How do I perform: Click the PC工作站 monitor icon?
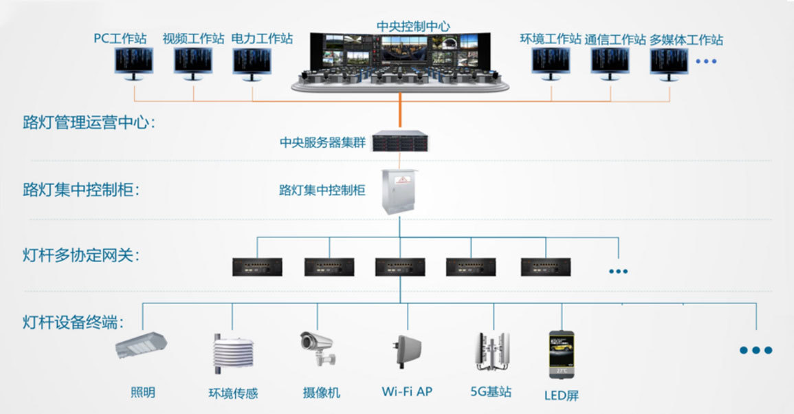click(x=133, y=63)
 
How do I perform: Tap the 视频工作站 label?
click(x=193, y=39)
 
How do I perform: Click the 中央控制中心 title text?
click(x=413, y=25)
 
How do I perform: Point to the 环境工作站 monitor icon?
click(x=551, y=63)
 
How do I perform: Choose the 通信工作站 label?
click(x=615, y=40)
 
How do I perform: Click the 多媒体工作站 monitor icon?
click(x=669, y=63)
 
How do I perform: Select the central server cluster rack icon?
click(x=399, y=142)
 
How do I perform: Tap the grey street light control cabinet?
click(x=399, y=190)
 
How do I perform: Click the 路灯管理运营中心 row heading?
click(x=89, y=124)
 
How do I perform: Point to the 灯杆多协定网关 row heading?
click(x=81, y=256)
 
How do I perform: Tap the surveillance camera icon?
click(x=318, y=348)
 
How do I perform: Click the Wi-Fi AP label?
click(x=407, y=392)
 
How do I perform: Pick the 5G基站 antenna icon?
click(x=492, y=351)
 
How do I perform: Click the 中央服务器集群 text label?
click(x=322, y=143)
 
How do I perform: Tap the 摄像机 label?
click(x=321, y=393)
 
